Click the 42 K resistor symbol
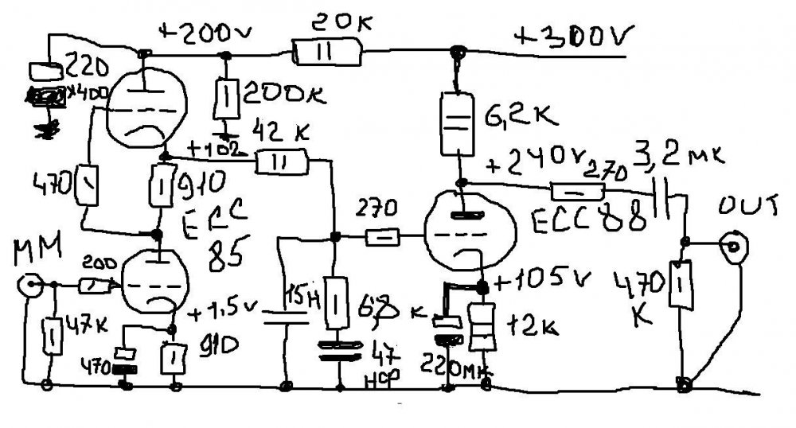click(282, 161)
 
